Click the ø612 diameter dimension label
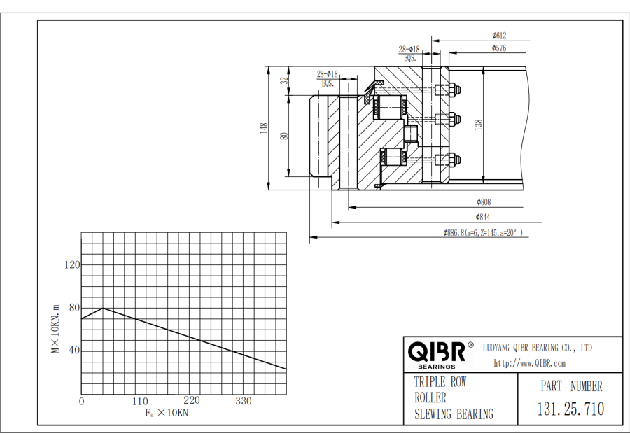499,35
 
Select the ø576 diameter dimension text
499,48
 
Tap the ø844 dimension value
483,217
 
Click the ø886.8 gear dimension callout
483,233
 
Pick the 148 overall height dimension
264,128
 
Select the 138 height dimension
479,125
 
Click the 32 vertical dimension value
284,80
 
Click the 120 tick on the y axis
72,264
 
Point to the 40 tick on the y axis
73,351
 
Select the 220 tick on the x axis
192,401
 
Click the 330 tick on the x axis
244,401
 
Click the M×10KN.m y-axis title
55,328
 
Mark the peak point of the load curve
103,308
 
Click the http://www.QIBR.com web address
529,362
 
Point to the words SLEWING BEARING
454,414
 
